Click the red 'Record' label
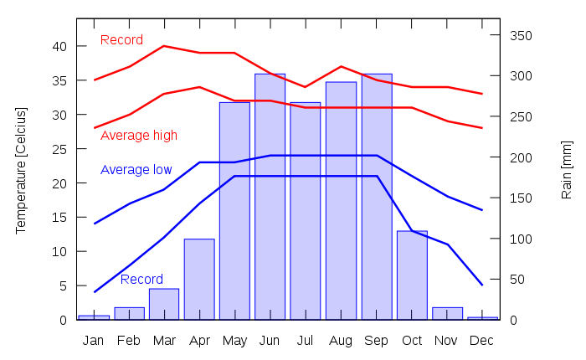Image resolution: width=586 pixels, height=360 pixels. [x=121, y=40]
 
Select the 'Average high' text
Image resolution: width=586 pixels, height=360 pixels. [x=139, y=136]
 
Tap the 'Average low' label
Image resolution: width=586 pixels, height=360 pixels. [x=136, y=170]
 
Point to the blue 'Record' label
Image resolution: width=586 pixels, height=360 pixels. [x=141, y=280]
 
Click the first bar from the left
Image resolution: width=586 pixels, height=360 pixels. [x=94, y=316]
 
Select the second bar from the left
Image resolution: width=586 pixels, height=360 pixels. [x=129, y=312]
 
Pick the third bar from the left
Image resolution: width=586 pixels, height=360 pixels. [x=164, y=303]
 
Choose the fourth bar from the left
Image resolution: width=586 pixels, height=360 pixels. [x=199, y=279]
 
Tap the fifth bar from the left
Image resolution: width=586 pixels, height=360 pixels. [x=234, y=209]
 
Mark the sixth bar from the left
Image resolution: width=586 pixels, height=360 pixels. [x=270, y=196]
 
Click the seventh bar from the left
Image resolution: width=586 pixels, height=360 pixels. [x=305, y=209]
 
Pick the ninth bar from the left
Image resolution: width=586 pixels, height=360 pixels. [x=377, y=196]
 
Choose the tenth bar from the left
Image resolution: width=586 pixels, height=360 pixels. [x=412, y=275]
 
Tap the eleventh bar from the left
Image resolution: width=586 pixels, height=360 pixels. [x=447, y=312]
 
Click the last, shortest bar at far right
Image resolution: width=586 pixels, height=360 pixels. [x=482, y=317]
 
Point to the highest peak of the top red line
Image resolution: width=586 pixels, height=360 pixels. [x=164, y=46]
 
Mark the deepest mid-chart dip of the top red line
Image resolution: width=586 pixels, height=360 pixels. [x=305, y=87]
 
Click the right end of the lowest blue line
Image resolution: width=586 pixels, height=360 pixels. [x=483, y=285]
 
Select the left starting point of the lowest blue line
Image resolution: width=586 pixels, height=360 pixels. [x=94, y=293]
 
